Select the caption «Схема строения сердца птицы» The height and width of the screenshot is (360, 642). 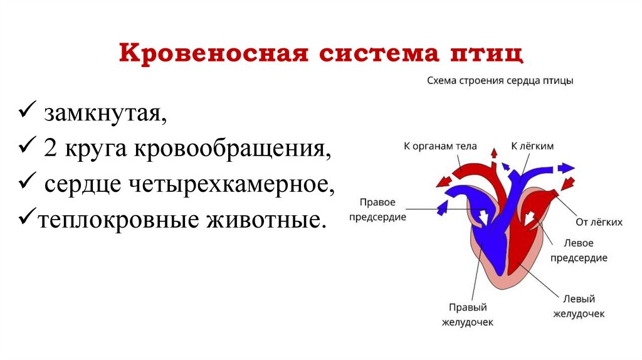click(500, 81)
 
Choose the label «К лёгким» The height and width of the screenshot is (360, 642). click(532, 146)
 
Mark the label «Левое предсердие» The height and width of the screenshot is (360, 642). click(579, 250)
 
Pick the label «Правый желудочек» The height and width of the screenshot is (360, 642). click(467, 315)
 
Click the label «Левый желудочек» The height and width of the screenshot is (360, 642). click(578, 307)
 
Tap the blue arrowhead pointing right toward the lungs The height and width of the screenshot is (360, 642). click(567, 167)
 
